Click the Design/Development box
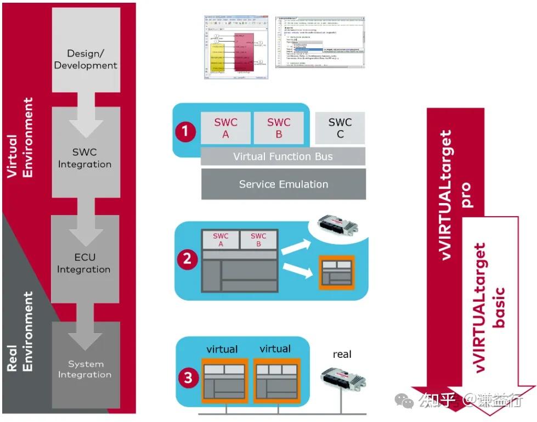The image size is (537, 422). (x=85, y=59)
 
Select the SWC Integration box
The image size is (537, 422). (x=85, y=158)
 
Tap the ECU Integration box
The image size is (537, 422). (x=84, y=263)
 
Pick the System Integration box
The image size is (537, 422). (x=85, y=369)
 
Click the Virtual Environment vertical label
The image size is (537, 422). (x=20, y=137)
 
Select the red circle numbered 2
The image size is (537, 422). (x=186, y=258)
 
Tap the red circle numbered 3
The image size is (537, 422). (x=188, y=378)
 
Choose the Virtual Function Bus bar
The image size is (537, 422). (x=282, y=156)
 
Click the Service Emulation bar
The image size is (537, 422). (x=283, y=184)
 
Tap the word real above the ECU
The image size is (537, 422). (x=342, y=355)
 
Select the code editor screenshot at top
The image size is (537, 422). (x=319, y=42)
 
